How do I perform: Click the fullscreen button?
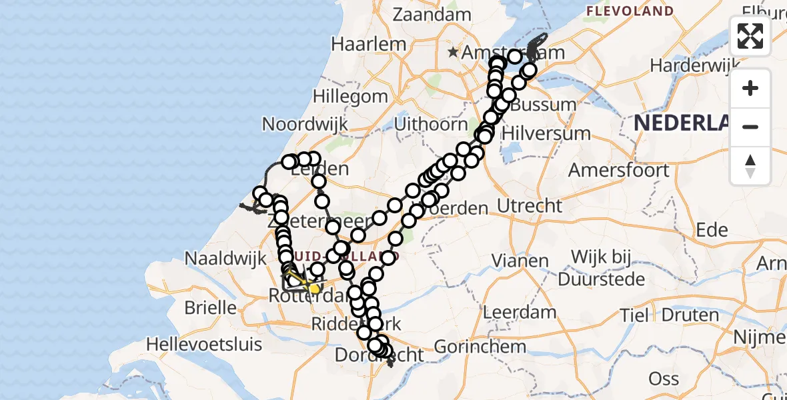tap(750, 36)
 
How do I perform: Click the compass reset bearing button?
tap(750, 166)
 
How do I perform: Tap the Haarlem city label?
tap(369, 44)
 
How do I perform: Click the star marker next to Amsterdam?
tap(454, 52)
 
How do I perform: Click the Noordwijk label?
tap(305, 124)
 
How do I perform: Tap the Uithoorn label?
tap(431, 124)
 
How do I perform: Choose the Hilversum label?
tap(546, 132)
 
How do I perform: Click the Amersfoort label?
tap(618, 170)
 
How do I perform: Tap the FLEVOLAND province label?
tap(630, 11)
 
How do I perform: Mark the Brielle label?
tap(211, 307)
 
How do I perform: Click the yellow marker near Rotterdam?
tap(314, 289)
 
